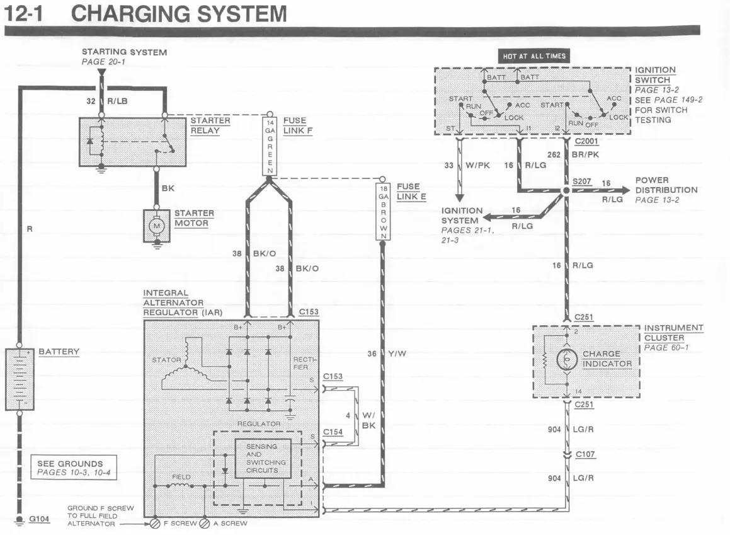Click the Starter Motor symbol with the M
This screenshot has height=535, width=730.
156,226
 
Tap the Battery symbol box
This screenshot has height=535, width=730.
20,379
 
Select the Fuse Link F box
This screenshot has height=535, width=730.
270,146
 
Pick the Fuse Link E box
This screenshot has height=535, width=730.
383,212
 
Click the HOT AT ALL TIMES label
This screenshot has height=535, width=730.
534,56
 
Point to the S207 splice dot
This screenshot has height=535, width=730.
566,190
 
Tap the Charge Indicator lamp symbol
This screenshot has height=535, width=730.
567,359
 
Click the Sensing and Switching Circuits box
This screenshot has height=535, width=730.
263,458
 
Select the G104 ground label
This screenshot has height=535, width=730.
39,519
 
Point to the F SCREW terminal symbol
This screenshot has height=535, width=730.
155,524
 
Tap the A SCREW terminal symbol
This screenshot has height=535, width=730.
204,524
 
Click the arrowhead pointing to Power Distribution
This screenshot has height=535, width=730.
624,190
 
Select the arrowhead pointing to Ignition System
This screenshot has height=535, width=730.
489,217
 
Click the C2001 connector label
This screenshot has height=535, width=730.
586,141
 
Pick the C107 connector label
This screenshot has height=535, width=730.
585,454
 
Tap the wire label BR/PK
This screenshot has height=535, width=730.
585,154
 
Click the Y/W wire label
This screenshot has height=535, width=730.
397,354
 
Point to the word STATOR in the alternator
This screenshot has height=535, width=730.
166,360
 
